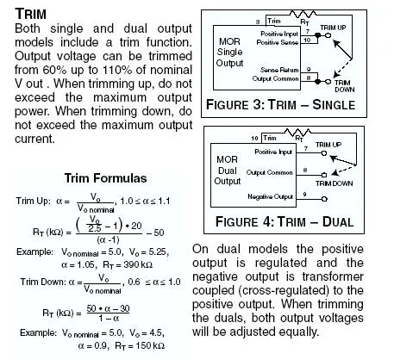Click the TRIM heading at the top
[x=30, y=14]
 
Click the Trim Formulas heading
[x=105, y=178]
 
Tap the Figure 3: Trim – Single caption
[x=280, y=104]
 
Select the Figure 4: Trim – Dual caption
[x=285, y=222]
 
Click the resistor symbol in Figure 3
[x=303, y=14]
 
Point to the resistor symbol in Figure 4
[x=297, y=132]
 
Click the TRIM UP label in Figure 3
[x=333, y=28]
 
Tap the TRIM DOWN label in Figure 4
[x=334, y=183]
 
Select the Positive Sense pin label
[x=277, y=42]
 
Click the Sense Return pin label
[x=279, y=70]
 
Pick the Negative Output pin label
[x=270, y=196]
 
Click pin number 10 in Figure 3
[x=307, y=40]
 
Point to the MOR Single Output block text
[x=230, y=52]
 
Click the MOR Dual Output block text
[x=228, y=171]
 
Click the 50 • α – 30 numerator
[x=108, y=308]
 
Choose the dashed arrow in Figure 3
[x=342, y=68]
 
